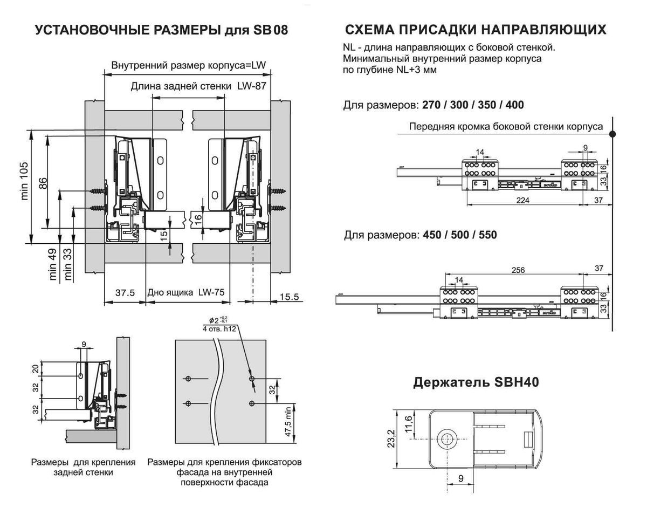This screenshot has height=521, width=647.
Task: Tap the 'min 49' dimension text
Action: tap(53, 265)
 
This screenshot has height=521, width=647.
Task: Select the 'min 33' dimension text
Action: tap(68, 265)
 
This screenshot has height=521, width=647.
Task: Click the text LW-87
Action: tap(252, 86)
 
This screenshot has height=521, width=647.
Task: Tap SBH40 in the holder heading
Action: tap(517, 382)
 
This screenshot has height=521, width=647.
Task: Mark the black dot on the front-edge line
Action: tap(613, 132)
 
